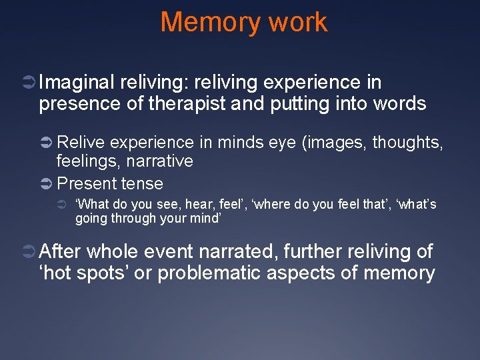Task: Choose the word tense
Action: click(x=141, y=183)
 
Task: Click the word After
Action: click(x=61, y=251)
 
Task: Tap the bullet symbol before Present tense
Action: click(x=47, y=183)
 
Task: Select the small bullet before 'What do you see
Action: click(x=62, y=204)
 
